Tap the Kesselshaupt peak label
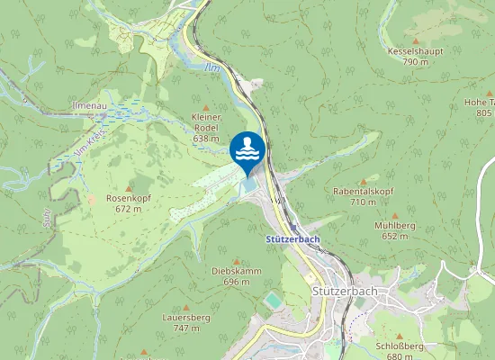(415, 52)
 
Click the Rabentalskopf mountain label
(363, 192)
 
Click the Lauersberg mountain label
(186, 318)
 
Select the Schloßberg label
(400, 346)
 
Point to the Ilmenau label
(89, 106)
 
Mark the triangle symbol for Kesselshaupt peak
(415, 40)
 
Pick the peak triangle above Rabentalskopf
(363, 181)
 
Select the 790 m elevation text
(415, 62)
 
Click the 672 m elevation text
(127, 208)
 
